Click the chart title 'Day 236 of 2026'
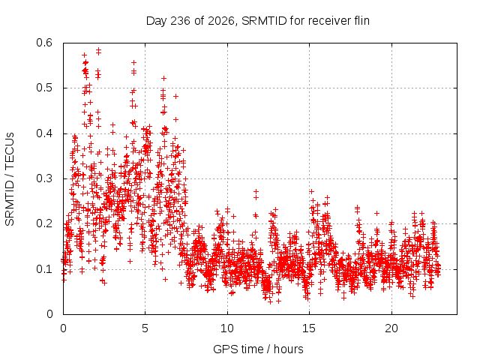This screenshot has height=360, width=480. click(190, 21)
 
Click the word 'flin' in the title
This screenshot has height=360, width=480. click(361, 21)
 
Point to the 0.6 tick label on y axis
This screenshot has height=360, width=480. click(44, 43)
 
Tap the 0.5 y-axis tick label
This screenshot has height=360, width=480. click(44, 88)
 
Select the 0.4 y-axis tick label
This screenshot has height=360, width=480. click(44, 133)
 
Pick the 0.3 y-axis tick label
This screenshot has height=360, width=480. click(44, 178)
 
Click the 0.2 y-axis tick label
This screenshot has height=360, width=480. click(44, 223)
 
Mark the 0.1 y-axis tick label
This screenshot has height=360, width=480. click(44, 269)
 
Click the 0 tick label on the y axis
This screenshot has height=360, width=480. click(49, 314)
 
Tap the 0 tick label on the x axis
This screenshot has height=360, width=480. click(63, 328)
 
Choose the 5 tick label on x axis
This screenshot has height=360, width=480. click(145, 328)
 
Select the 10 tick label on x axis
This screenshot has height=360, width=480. click(227, 328)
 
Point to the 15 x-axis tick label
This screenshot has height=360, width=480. click(309, 328)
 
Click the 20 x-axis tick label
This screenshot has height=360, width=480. click(391, 328)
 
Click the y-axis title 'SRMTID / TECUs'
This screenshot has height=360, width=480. click(10, 179)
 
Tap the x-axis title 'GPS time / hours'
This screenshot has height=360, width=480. click(258, 349)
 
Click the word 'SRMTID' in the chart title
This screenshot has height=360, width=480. click(264, 21)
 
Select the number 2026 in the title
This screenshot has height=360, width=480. click(220, 21)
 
